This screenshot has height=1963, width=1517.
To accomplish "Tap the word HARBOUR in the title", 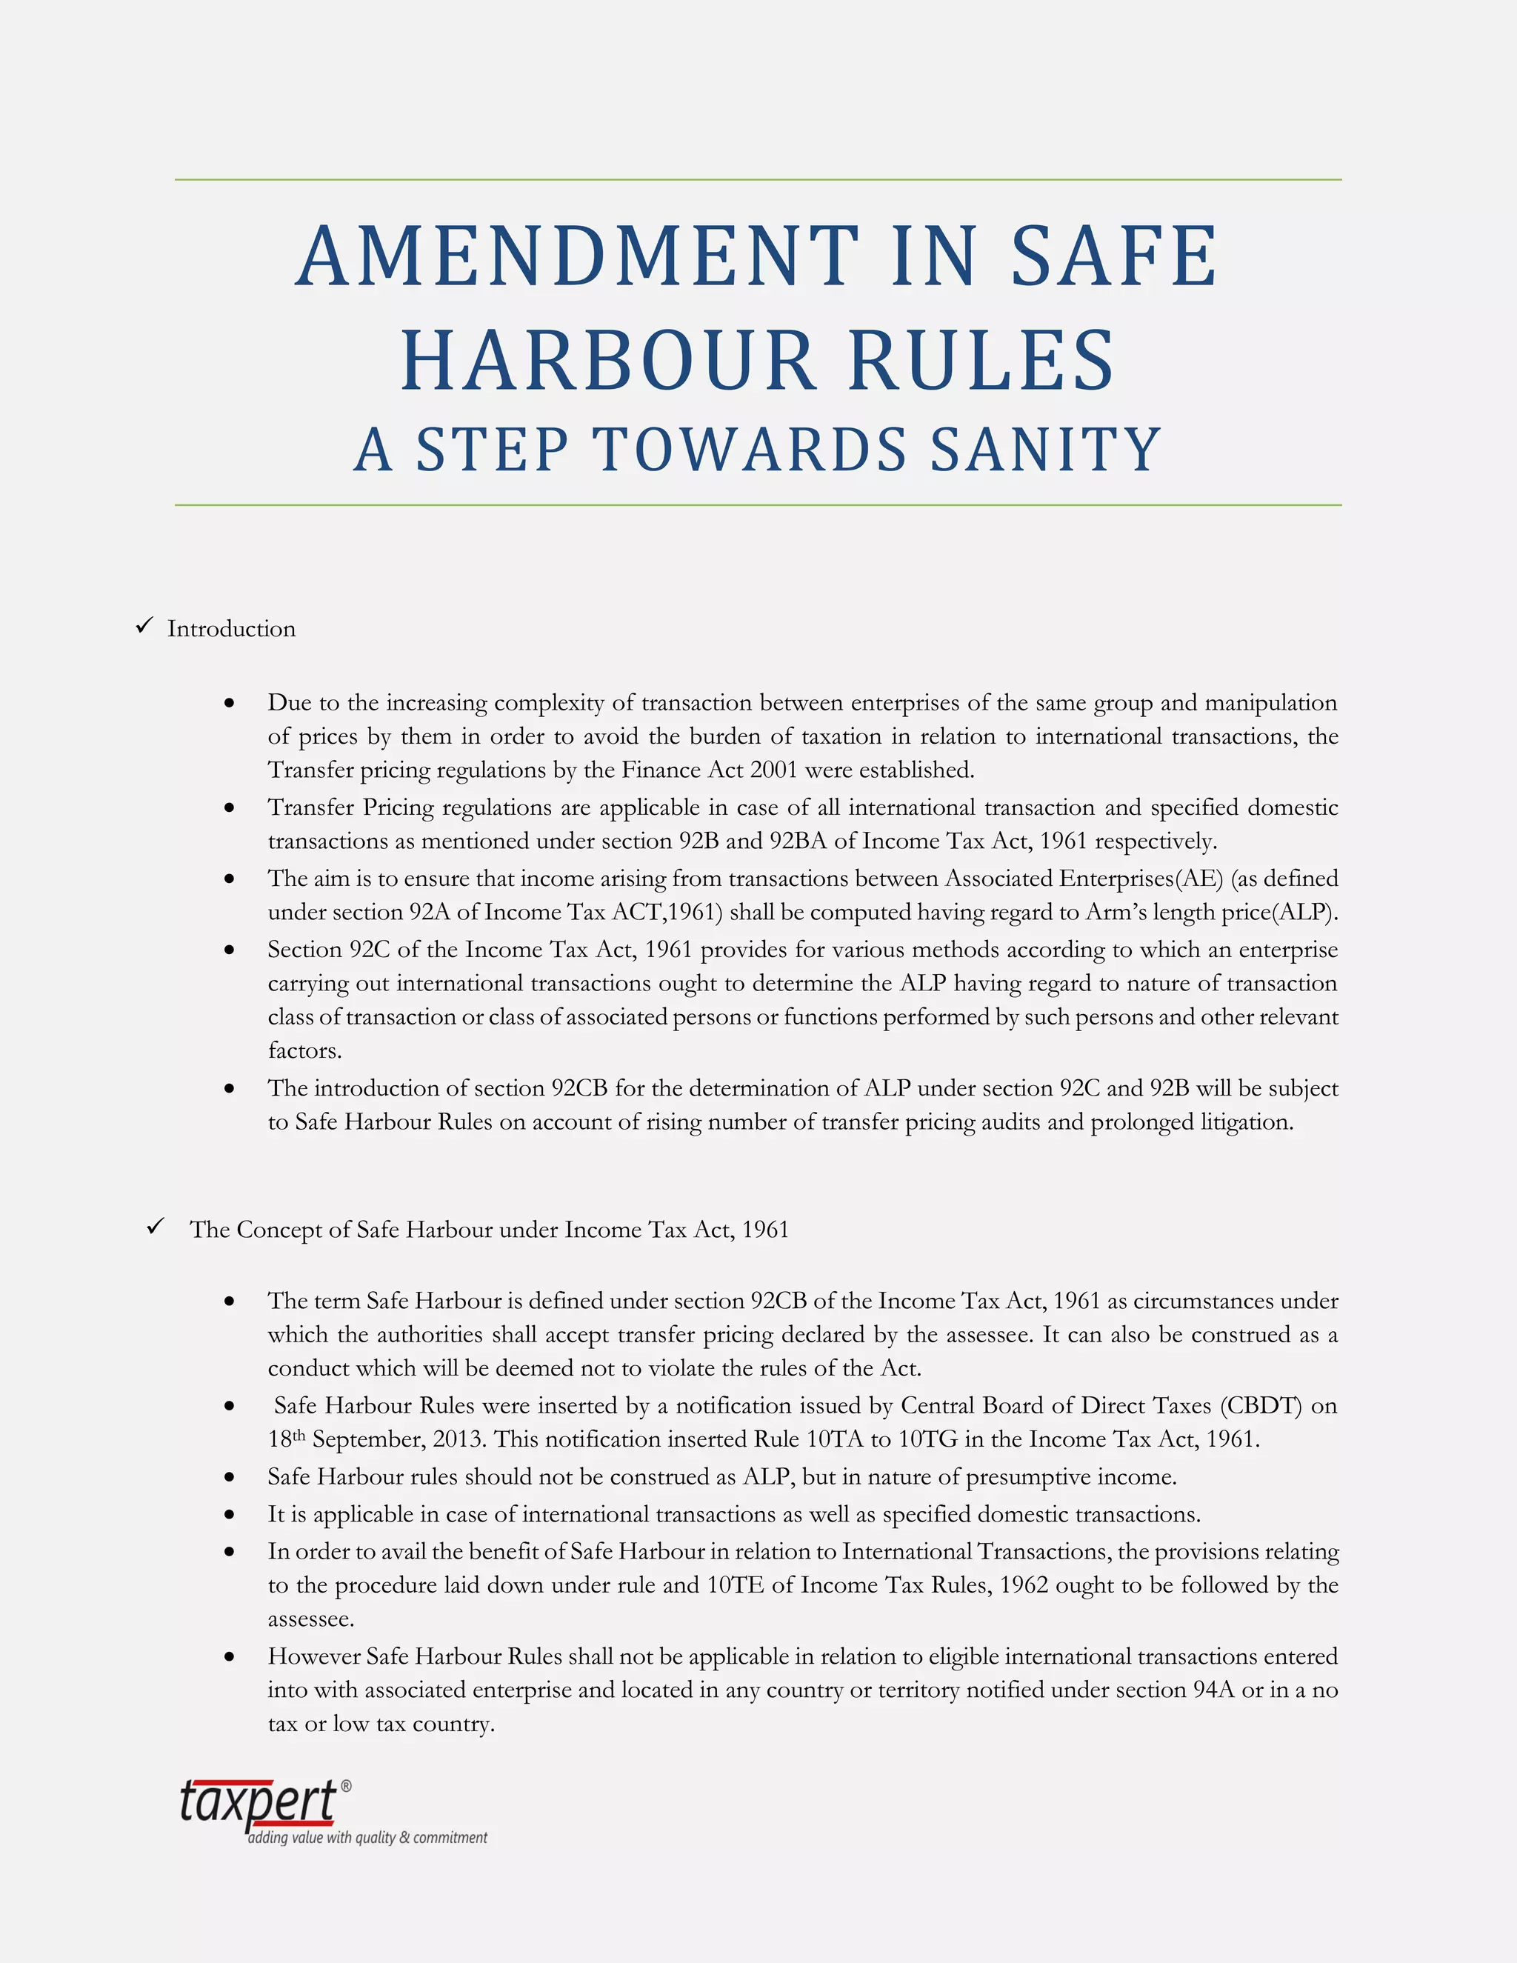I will tap(607, 361).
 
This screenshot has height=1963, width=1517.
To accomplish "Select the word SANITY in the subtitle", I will tap(1046, 450).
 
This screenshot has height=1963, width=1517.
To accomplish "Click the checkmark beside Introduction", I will tap(144, 627).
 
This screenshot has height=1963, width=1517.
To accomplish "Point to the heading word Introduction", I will tap(231, 629).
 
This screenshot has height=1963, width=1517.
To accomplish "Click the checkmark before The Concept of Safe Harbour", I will tap(156, 1227).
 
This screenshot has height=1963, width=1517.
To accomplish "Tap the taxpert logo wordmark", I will tap(258, 1802).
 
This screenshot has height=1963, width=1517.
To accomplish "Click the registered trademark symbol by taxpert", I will tap(346, 1786).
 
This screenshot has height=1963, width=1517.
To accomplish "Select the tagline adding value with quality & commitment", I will tap(367, 1838).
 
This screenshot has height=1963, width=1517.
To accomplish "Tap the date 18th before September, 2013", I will tap(287, 1440).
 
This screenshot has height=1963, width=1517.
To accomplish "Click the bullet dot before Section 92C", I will tap(230, 951).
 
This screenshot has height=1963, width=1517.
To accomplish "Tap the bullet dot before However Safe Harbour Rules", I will tap(230, 1657).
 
